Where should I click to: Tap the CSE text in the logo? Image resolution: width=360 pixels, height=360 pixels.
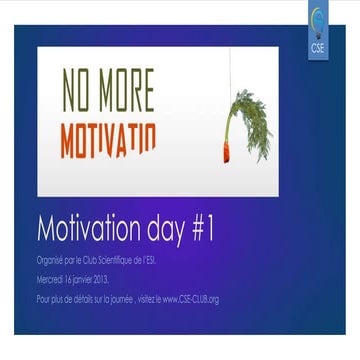tap(317, 47)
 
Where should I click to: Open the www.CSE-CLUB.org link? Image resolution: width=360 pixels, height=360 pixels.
tap(191, 299)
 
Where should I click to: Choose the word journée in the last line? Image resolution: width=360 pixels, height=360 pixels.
tap(127, 299)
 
